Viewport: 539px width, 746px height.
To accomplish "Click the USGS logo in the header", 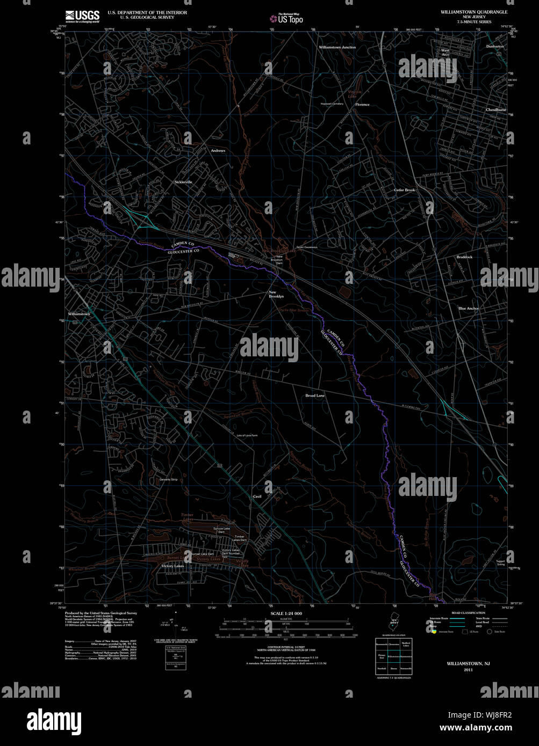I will (x=82, y=16).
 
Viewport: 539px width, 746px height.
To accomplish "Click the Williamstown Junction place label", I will (x=337, y=47).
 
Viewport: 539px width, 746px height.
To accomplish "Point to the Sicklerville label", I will (x=183, y=182).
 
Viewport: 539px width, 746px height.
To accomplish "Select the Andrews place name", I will (x=218, y=151).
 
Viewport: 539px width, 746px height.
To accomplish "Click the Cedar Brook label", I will (x=404, y=190).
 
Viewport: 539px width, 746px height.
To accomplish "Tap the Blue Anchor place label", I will (x=468, y=309).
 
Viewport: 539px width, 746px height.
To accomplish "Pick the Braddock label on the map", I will (x=464, y=257).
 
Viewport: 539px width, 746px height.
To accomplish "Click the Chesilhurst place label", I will (x=495, y=109).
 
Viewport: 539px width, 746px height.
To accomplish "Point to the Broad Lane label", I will (x=315, y=396).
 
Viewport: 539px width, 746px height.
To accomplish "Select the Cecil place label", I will (x=257, y=496).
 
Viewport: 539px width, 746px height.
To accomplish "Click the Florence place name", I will (x=362, y=105).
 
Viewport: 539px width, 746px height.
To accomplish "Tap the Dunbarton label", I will (x=494, y=47).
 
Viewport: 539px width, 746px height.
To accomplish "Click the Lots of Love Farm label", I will (x=247, y=435).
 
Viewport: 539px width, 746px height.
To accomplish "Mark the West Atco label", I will (x=445, y=52).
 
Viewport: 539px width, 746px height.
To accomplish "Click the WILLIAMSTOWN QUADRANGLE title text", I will (x=473, y=12).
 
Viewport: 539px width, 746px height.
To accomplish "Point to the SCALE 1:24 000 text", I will (x=286, y=613).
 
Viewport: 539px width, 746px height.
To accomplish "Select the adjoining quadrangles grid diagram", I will (x=393, y=656).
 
